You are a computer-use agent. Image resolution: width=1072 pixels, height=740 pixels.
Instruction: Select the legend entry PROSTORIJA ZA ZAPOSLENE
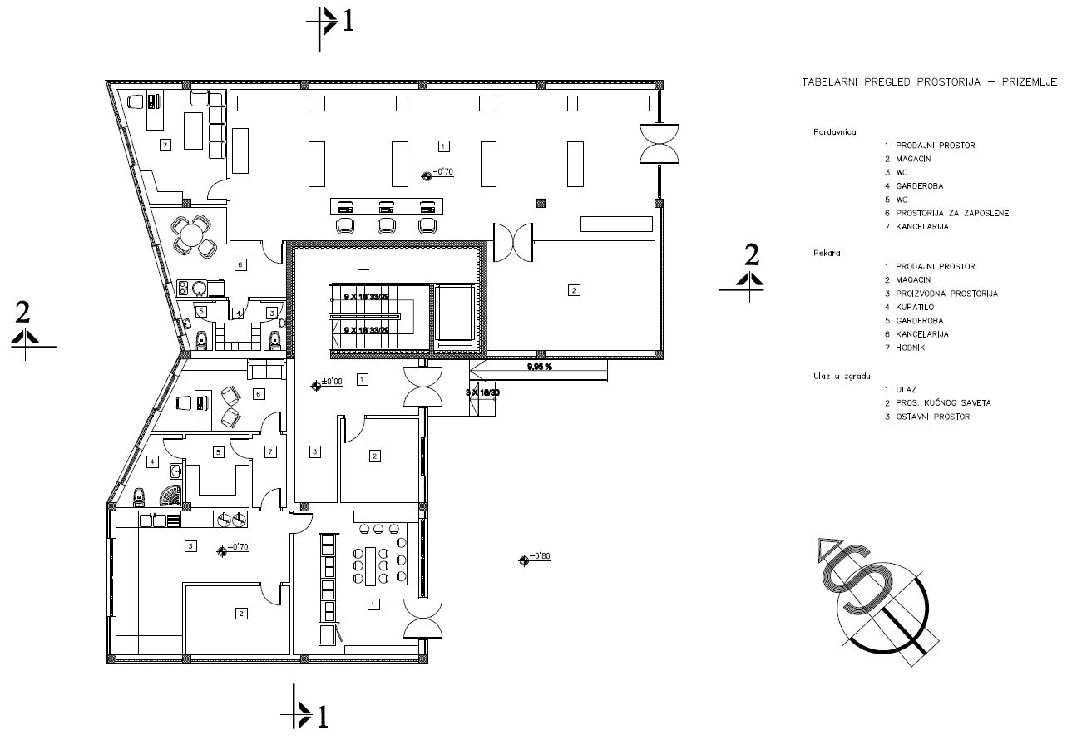coord(954,213)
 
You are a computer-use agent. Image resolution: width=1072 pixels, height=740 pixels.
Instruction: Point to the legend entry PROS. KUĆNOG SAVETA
coord(944,402)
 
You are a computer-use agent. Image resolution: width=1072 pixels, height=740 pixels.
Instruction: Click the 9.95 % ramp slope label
coord(539,366)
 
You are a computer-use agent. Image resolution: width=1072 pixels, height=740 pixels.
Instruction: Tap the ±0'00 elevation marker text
coord(333,382)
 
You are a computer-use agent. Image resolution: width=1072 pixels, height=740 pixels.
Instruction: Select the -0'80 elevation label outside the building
coord(541,557)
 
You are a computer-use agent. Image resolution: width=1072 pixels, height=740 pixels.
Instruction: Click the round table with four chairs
coord(191,233)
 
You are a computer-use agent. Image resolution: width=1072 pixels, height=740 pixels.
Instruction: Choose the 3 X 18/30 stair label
coord(482,392)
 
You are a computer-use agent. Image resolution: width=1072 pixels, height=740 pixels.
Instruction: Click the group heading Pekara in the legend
coord(824,253)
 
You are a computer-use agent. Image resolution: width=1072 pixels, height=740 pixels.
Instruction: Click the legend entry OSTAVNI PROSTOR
coord(932,416)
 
